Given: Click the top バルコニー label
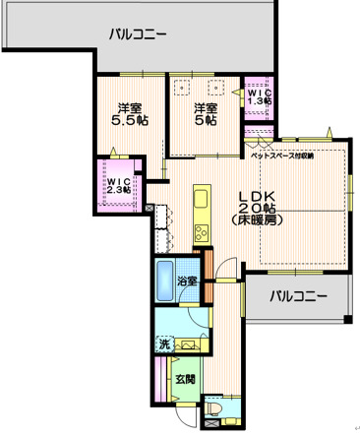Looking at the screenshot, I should click(x=137, y=33).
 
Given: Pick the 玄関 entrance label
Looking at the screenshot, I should click(x=185, y=378).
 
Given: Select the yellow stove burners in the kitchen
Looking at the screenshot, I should click(x=201, y=233).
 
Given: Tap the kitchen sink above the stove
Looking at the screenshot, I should click(x=201, y=201).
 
